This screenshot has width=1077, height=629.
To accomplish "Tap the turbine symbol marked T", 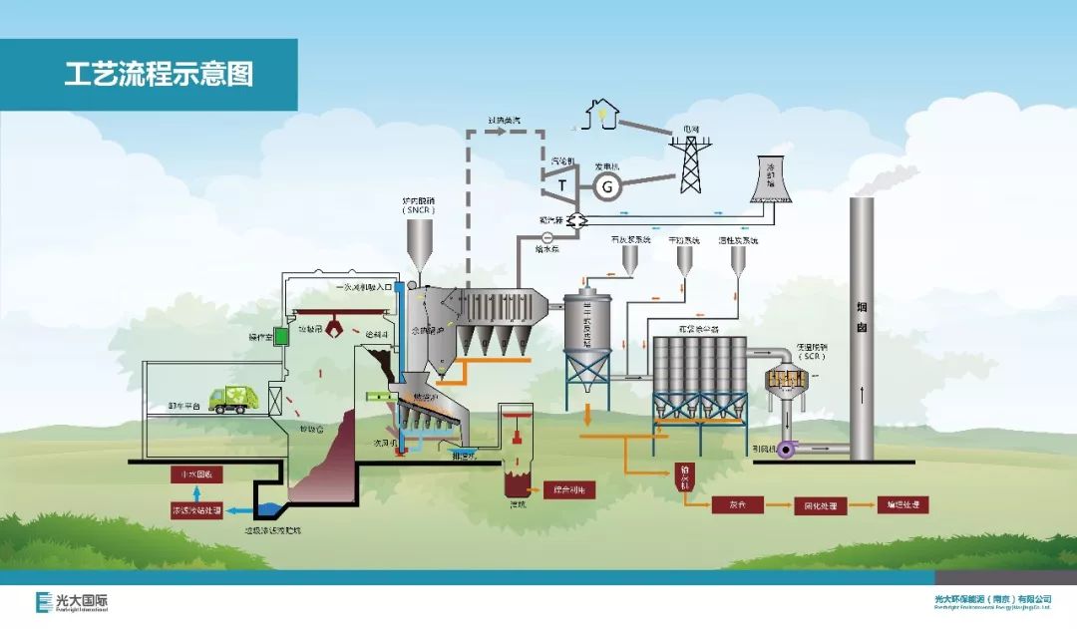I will [562, 183].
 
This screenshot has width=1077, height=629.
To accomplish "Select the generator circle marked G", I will [607, 185].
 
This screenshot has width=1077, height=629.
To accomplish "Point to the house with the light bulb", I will [601, 114].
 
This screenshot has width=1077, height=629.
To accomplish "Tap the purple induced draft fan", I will [787, 451].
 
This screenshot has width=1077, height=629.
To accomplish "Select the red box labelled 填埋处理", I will [901, 504].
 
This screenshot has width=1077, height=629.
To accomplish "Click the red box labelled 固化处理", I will [820, 505].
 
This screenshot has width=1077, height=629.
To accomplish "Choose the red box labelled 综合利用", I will [568, 489].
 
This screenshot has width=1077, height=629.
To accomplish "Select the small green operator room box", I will [280, 337].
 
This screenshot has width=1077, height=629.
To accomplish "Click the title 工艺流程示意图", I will [159, 74].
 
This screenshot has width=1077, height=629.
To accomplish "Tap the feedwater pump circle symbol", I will [547, 236].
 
